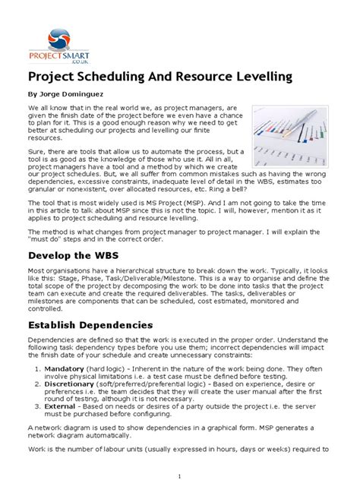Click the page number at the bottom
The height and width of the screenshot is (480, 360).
pyautogui.click(x=179, y=474)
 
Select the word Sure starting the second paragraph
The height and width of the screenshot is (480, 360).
pyautogui.click(x=38, y=152)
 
